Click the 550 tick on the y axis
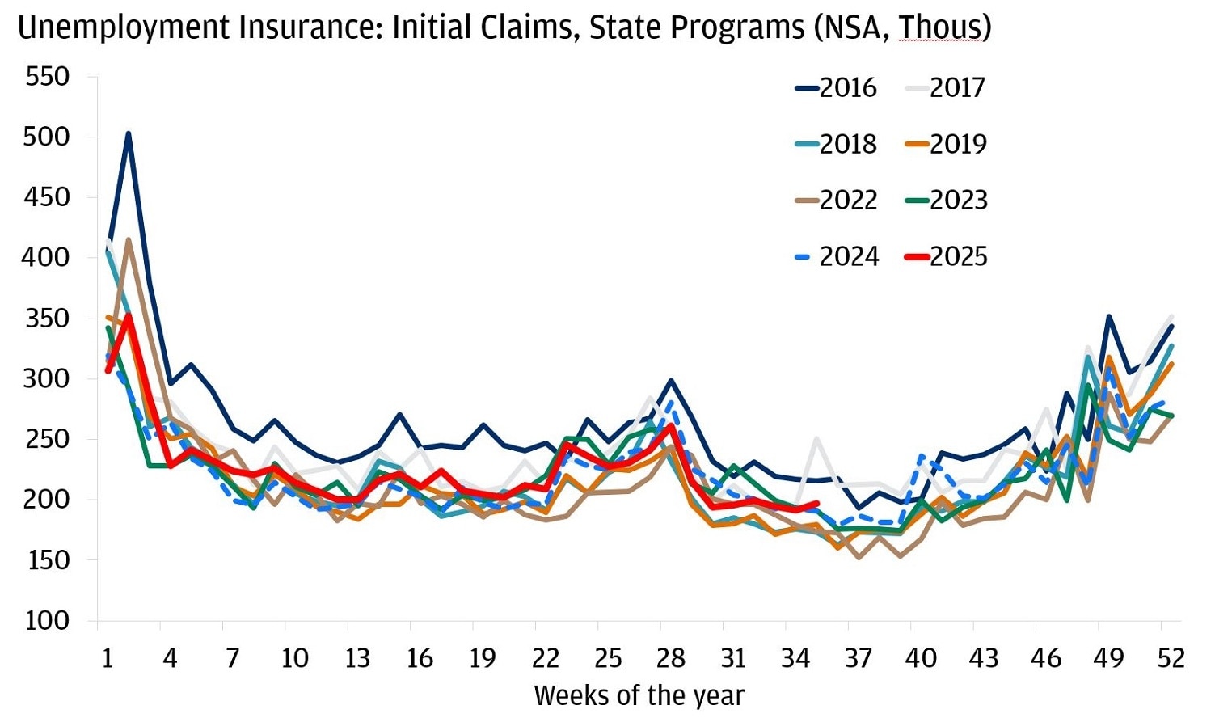pos(48,77)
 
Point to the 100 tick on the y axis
pos(48,620)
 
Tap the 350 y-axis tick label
pos(48,319)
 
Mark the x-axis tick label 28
pos(670,658)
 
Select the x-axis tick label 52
pos(1170,658)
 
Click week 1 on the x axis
pos(108,658)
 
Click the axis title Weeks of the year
pos(639,695)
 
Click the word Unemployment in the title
pos(120,28)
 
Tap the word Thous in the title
pos(940,28)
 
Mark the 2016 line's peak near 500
pos(129,134)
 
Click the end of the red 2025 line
pos(817,504)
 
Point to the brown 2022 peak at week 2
pos(129,240)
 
